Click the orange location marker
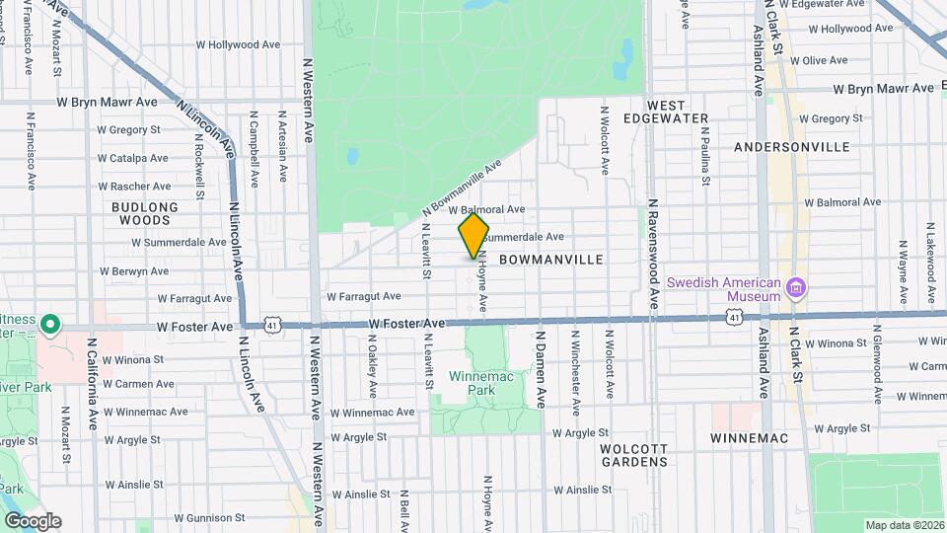pos(474,236)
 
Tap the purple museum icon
pos(796,288)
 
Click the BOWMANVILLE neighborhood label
pos(551,259)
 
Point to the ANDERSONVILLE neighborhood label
pos(792,147)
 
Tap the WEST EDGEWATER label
pos(679,112)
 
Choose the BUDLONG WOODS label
pos(145,213)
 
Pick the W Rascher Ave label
pos(134,187)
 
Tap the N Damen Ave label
pos(542,370)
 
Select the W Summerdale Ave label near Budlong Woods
pos(158,242)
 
